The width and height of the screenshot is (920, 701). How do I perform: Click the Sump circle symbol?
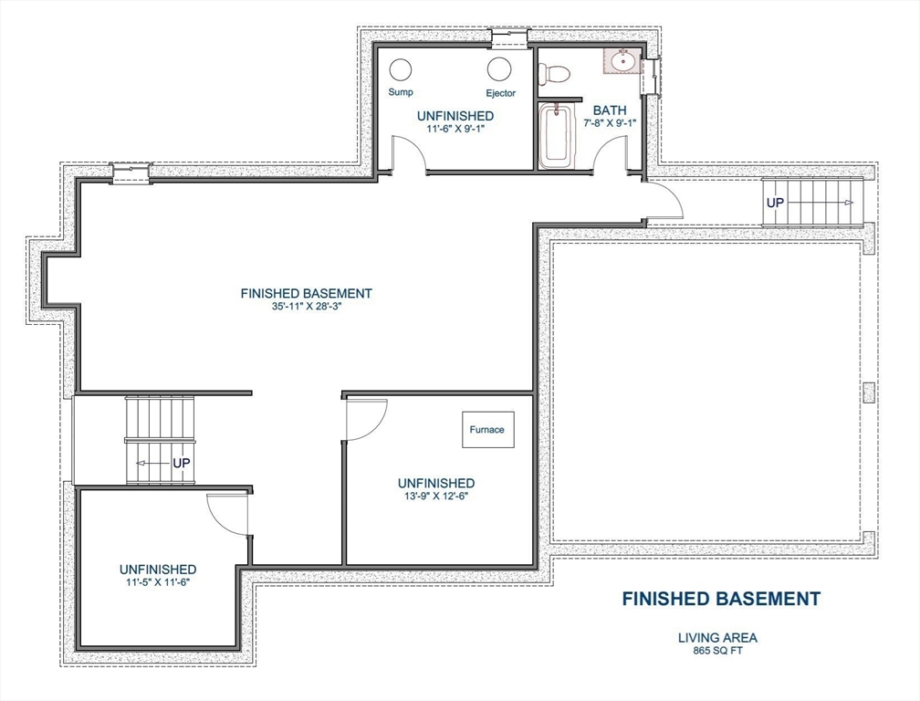click(x=401, y=69)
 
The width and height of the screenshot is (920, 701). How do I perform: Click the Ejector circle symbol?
click(x=499, y=69)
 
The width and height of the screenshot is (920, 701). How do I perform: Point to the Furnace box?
click(x=487, y=430)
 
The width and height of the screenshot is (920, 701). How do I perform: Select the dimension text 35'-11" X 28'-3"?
click(x=306, y=307)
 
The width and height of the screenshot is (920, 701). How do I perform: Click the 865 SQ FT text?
click(x=716, y=651)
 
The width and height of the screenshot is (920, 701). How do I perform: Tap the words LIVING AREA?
click(x=716, y=638)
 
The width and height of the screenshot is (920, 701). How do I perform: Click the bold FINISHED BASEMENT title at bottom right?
click(x=721, y=599)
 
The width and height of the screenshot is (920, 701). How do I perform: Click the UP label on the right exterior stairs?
click(x=775, y=202)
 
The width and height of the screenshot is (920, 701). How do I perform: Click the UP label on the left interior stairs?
click(x=182, y=464)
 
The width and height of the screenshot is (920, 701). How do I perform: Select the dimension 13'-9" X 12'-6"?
click(x=435, y=497)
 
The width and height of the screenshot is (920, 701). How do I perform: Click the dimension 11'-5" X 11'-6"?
click(x=157, y=581)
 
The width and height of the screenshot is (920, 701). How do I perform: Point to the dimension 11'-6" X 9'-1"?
click(x=455, y=129)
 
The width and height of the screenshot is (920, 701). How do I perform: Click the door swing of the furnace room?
click(x=367, y=417)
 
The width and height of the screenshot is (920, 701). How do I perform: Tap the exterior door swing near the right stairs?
click(x=664, y=199)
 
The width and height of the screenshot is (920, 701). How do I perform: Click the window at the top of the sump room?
click(x=508, y=38)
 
